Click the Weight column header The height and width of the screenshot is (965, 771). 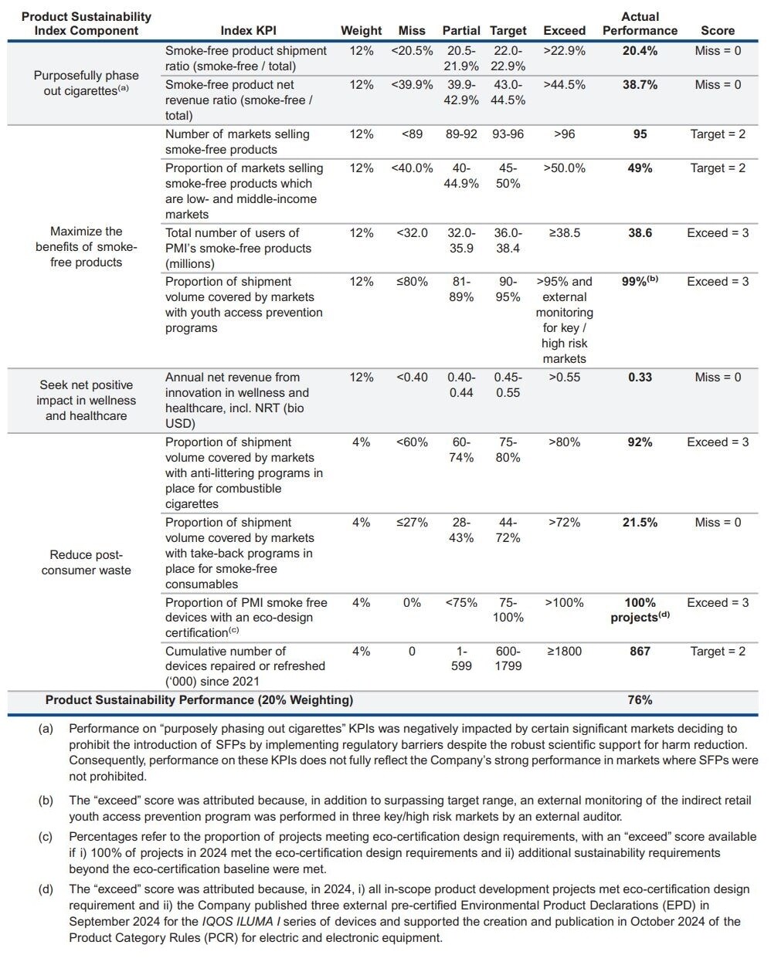361,31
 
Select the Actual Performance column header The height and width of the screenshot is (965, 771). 640,23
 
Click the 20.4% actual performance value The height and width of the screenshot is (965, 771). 640,51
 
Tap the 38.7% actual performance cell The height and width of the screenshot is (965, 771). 640,85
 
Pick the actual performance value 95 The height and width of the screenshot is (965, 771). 640,134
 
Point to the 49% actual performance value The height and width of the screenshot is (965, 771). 640,168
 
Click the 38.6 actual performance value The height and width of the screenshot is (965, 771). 640,233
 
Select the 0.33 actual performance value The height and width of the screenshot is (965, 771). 640,378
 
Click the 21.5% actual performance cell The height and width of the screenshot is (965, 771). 640,523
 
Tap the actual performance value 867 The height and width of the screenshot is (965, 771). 640,652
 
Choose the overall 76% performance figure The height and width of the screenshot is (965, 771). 640,700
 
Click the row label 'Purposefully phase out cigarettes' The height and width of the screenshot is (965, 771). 86,83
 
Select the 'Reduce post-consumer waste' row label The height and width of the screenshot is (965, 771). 86,563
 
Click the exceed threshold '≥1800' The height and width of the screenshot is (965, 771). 564,652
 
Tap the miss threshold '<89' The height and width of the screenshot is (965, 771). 412,134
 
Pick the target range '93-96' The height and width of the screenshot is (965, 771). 508,134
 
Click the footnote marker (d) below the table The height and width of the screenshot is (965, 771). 46,889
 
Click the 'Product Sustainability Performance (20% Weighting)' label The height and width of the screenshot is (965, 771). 199,700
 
